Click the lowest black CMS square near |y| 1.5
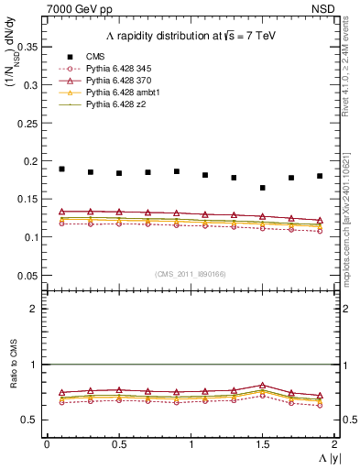263,188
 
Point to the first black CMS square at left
61,169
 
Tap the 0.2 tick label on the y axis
31,160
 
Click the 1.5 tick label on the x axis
263,443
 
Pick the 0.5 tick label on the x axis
118,443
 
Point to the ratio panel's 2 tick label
35,309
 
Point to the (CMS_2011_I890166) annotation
191,274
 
